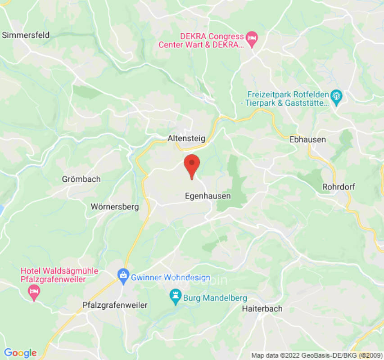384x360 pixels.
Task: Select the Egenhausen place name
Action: (x=208, y=196)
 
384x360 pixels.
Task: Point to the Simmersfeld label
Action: (x=26, y=35)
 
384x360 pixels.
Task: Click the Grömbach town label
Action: (x=81, y=179)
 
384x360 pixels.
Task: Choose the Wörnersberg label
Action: (x=115, y=207)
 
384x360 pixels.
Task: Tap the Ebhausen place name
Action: (x=307, y=139)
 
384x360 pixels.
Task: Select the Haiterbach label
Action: (x=262, y=309)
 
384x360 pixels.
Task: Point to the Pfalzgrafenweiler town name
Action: (x=115, y=305)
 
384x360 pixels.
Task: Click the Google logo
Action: (x=20, y=352)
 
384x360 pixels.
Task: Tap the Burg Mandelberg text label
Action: (x=216, y=297)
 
